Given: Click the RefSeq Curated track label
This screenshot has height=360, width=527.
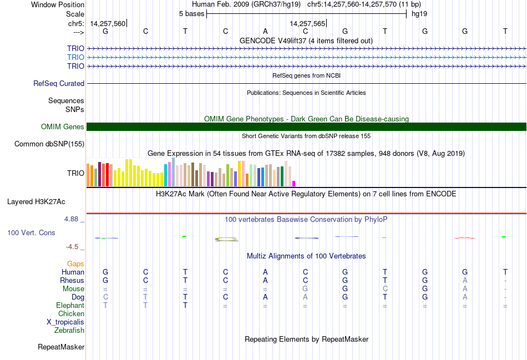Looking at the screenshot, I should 58,83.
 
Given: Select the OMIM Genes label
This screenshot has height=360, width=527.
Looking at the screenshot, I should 63,127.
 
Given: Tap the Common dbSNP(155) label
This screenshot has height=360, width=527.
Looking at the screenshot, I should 49,144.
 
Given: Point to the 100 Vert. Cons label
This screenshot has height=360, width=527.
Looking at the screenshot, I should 31,233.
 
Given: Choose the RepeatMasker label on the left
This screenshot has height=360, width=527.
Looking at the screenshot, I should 61,347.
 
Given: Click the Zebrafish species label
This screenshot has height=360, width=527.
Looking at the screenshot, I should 69,331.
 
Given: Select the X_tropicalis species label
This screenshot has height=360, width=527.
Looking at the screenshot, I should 65,322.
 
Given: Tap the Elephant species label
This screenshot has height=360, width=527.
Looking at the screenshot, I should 70,306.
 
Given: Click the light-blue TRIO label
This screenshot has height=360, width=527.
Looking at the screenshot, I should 75,57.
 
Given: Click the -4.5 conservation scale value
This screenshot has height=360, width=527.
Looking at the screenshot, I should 75,247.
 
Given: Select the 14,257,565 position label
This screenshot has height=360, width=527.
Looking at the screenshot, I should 307,24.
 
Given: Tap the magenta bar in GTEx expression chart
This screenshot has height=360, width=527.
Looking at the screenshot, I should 294,183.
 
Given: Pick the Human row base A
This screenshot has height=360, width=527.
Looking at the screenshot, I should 265,272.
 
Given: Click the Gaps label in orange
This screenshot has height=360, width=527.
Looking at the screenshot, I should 75,263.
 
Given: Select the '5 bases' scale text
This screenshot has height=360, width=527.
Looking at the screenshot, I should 191,13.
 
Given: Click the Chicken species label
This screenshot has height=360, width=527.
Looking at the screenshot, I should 71,314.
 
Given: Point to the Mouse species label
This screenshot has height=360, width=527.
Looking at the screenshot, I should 73,289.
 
